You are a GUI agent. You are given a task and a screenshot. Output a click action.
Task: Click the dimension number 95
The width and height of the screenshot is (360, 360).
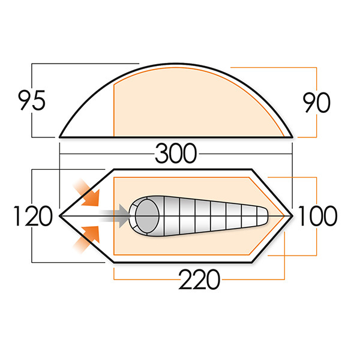click(x=32, y=101)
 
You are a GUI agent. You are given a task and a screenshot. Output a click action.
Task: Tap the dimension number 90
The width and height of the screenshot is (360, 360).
click(x=316, y=103)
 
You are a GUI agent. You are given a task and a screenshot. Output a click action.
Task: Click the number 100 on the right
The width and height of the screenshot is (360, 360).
click(x=317, y=216)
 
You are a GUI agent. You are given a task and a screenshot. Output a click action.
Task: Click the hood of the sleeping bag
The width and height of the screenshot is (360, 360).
click(x=145, y=214)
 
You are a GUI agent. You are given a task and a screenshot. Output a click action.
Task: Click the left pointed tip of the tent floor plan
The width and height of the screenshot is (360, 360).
click(x=59, y=215)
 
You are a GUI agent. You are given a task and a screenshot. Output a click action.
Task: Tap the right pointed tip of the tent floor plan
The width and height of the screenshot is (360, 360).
click(x=292, y=215)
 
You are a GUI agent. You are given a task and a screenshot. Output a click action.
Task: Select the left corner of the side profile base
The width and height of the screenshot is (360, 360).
click(x=60, y=137)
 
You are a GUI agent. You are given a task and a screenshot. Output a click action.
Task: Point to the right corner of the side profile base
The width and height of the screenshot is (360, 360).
click(x=292, y=137)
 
